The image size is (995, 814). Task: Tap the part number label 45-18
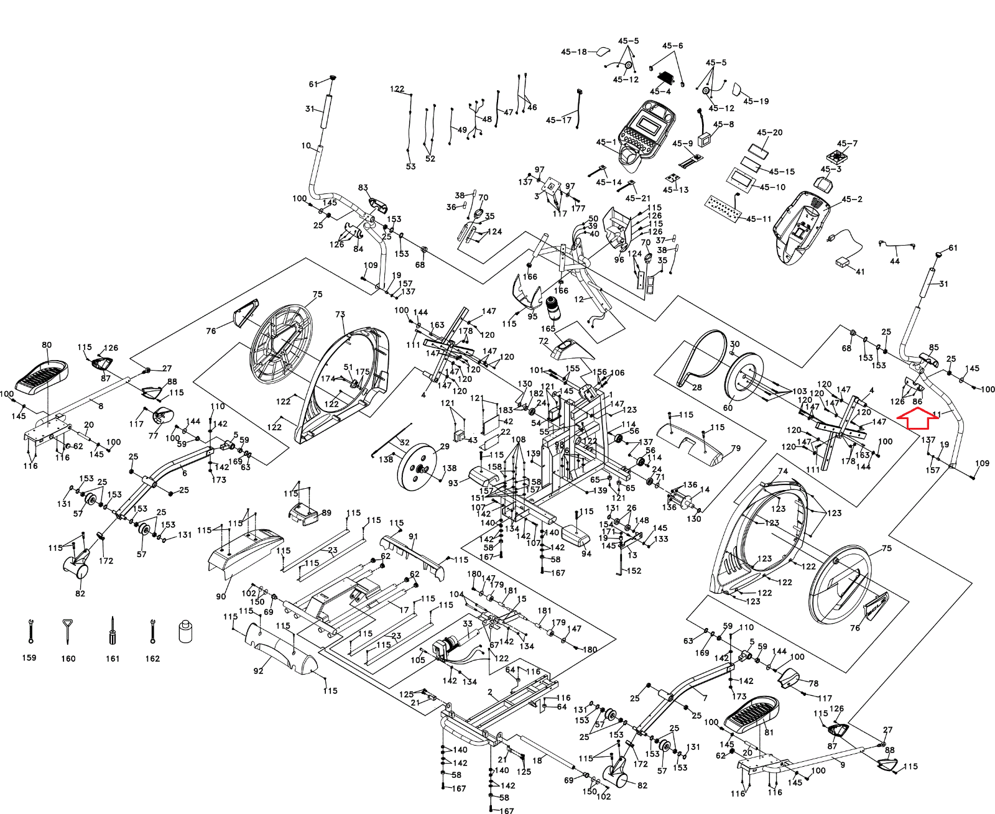pyautogui.click(x=574, y=52)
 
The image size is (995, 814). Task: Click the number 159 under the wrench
pyautogui.click(x=29, y=657)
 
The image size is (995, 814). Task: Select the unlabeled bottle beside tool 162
pyautogui.click(x=186, y=631)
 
